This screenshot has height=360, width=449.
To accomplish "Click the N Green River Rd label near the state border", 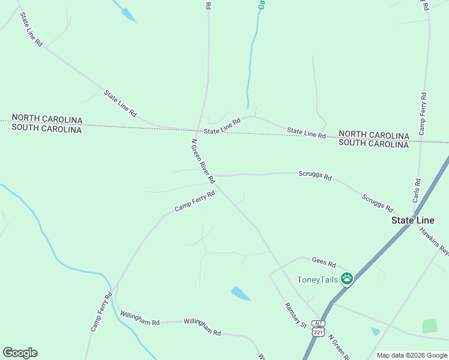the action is pos(203,161).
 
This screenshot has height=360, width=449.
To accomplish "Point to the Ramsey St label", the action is pos(295,315).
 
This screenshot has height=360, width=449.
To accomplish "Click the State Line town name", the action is pos(413,220).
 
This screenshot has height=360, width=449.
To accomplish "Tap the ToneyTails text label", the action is pos(318,279).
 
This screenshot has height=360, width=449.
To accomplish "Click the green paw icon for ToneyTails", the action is pos(346,278).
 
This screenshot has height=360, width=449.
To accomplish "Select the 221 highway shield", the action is pos(318,332).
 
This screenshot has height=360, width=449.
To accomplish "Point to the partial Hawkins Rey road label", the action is pos(434,240).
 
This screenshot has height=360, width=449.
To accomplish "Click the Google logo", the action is pos(20,353).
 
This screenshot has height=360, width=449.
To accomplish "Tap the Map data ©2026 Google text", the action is pos(412,355).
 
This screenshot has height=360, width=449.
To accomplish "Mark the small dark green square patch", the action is pos(430,326).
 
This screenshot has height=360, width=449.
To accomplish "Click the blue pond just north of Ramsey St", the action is pos(241,293).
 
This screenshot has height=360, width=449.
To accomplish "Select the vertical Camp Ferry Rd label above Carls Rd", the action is pos(423,113).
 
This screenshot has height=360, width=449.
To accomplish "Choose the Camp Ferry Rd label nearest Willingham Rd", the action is pos(101,312).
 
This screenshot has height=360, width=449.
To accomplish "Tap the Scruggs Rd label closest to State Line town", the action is pos(378,203).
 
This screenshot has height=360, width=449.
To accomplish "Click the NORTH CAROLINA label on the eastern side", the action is pos(373,135).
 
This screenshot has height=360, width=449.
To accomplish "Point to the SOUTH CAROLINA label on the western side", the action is pos(46,129).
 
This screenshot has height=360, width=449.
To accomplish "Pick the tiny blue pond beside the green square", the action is pos(375,331).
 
